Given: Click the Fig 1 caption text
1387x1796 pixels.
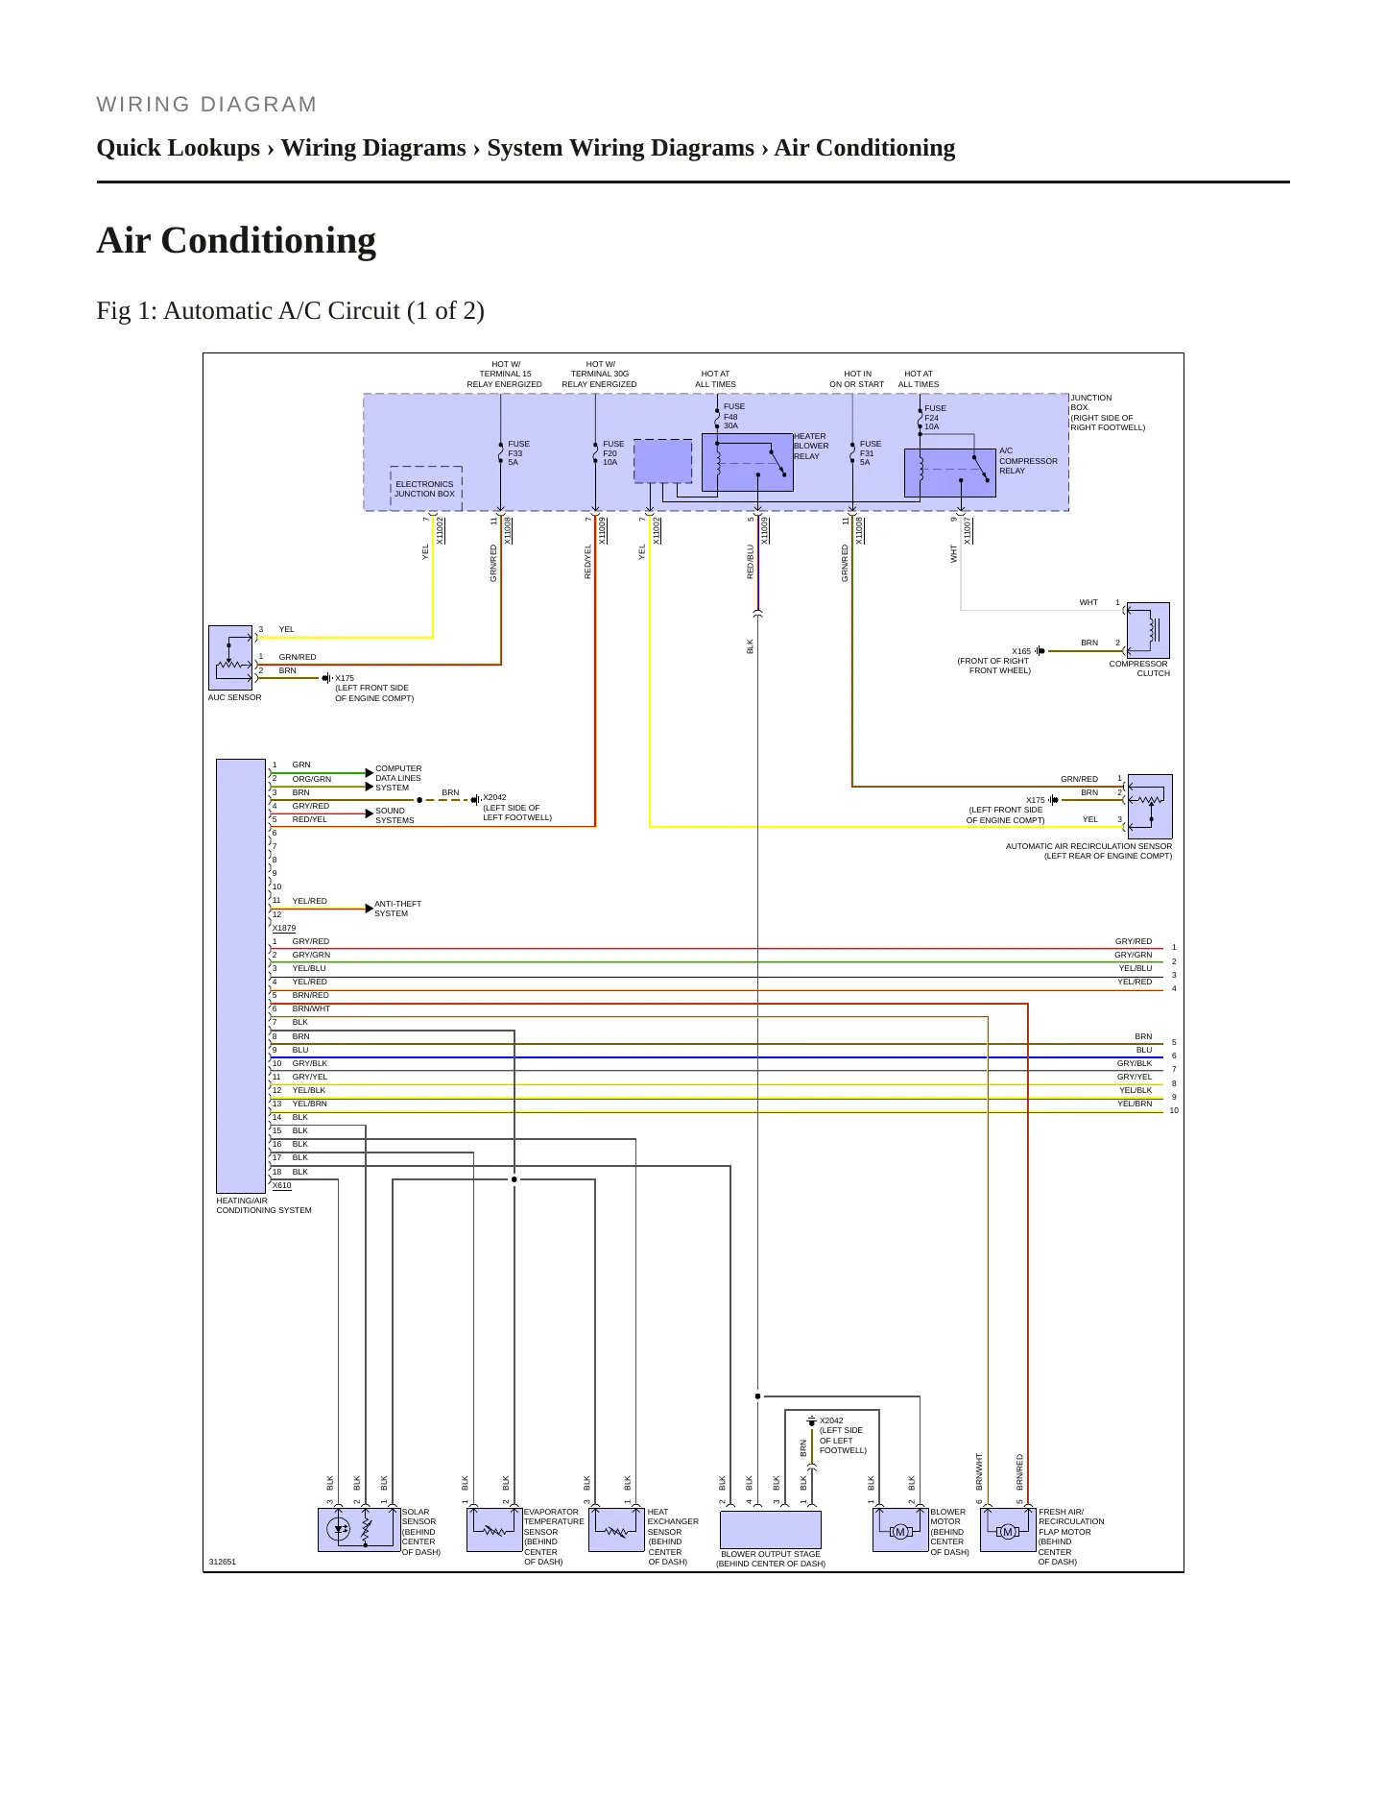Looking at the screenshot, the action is click(x=290, y=311).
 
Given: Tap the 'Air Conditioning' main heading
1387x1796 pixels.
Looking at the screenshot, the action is click(x=236, y=240).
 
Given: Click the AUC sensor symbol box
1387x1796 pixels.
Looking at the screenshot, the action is click(x=230, y=658).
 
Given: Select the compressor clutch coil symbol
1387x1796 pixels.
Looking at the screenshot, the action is click(x=1148, y=630).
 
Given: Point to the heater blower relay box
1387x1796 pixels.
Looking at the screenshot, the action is click(x=747, y=462).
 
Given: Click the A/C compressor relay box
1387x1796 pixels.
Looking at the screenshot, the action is click(x=950, y=473).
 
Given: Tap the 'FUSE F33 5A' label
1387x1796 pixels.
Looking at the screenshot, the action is click(x=518, y=453).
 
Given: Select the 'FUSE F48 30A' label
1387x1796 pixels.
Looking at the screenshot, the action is click(x=733, y=416).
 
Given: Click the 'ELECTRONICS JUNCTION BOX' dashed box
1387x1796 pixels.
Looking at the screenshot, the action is click(x=425, y=489).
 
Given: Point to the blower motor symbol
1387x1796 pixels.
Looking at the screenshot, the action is click(x=900, y=1530).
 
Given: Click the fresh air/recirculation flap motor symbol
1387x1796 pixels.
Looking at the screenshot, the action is click(x=1008, y=1530).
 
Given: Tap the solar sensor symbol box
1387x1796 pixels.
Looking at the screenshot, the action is click(x=359, y=1529).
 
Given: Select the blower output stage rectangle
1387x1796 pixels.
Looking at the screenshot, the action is click(x=771, y=1530).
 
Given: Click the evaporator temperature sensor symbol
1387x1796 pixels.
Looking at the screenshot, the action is click(x=494, y=1530).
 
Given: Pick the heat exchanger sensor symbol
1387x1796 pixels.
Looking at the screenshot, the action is click(x=616, y=1530).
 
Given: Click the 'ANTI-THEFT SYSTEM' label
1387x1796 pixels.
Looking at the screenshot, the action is click(x=397, y=909).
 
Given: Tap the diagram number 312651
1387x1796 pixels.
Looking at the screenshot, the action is click(x=222, y=1562).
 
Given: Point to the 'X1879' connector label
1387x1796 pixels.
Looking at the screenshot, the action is click(x=284, y=928).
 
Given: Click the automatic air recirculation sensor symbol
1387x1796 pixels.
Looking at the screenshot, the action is click(x=1150, y=806).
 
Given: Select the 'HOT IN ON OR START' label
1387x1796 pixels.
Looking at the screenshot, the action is click(x=856, y=379).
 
